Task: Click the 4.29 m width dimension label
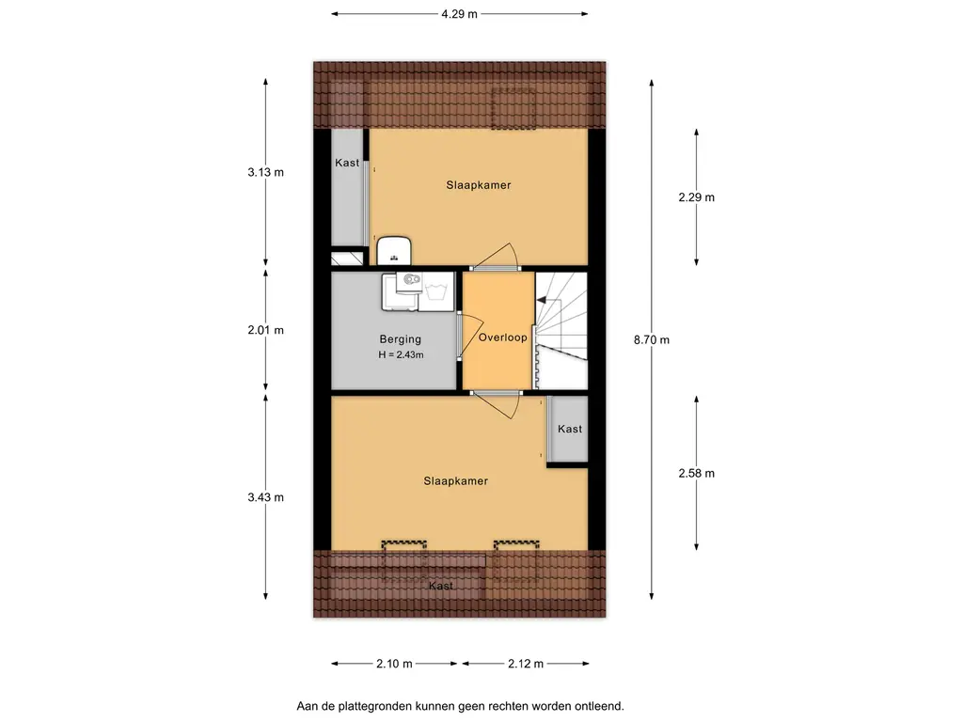[x=459, y=13]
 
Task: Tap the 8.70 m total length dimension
[x=652, y=339]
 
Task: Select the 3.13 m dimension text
[x=266, y=172]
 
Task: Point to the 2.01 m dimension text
[x=266, y=330]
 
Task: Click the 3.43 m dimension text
[x=266, y=497]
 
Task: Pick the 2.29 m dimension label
[x=697, y=197]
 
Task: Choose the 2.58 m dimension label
[x=697, y=473]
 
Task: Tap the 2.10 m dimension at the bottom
[x=394, y=663]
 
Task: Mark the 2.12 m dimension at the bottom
[x=526, y=663]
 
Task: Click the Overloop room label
[x=502, y=337]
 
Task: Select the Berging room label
[x=401, y=338]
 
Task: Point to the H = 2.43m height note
[x=401, y=354]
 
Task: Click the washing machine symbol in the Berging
[x=436, y=291]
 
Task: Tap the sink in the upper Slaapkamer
[x=394, y=251]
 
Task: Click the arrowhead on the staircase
[x=541, y=300]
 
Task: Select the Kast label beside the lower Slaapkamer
[x=570, y=429]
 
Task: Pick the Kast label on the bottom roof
[x=441, y=586]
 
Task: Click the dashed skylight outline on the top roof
[x=513, y=108]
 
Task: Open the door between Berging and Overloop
[x=472, y=336]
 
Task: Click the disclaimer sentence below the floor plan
[x=460, y=706]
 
